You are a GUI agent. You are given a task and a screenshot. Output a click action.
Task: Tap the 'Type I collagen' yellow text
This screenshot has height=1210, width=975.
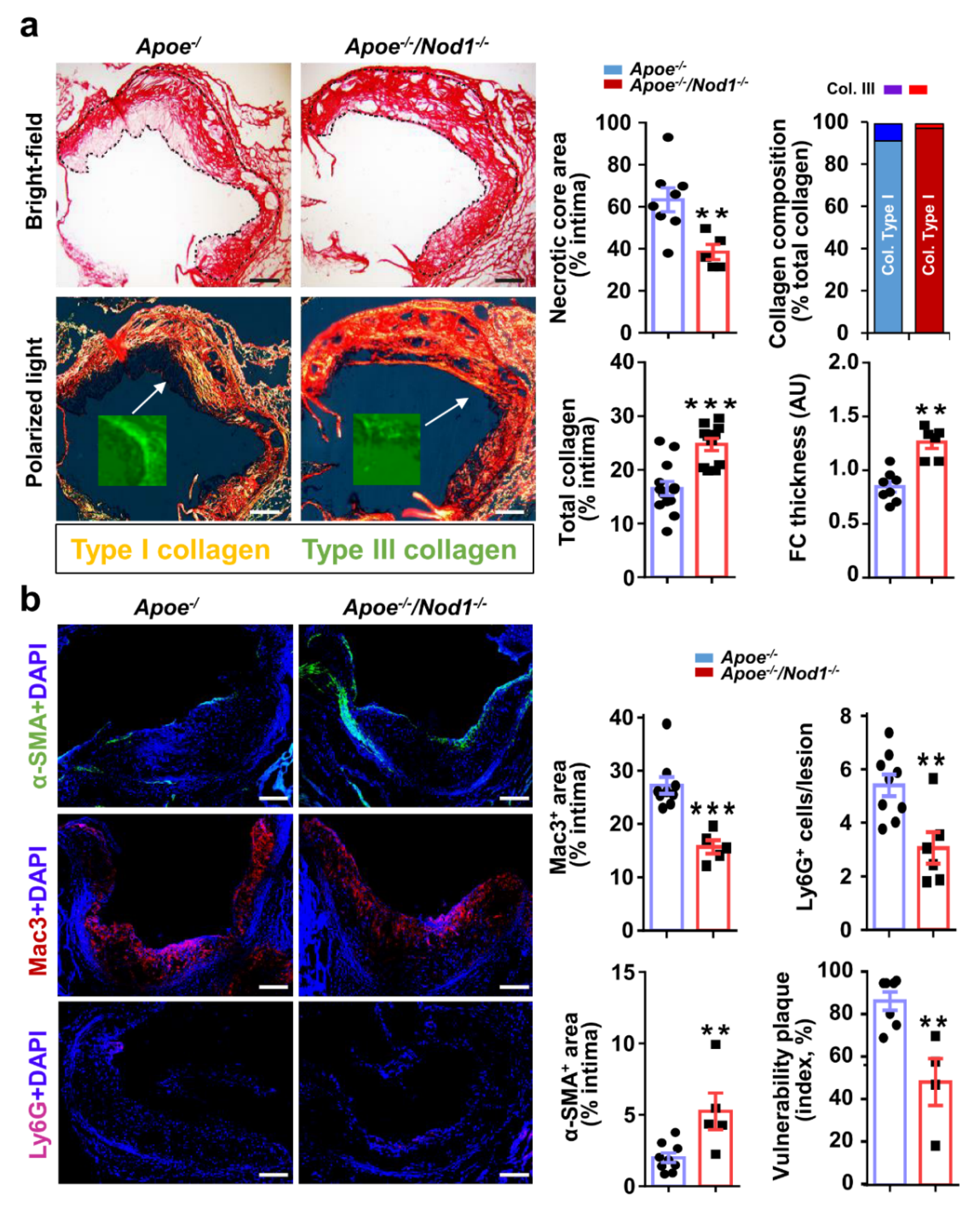pyautogui.click(x=170, y=550)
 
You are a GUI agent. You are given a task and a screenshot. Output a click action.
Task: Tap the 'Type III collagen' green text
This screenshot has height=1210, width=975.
pyautogui.click(x=409, y=550)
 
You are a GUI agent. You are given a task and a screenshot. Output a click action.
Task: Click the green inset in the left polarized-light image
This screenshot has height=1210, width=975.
pyautogui.click(x=132, y=450)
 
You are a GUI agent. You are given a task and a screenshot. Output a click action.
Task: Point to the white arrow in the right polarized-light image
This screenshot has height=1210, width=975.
pyautogui.click(x=446, y=412)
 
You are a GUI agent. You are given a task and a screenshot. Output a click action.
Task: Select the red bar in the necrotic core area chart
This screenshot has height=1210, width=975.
pyautogui.click(x=713, y=291)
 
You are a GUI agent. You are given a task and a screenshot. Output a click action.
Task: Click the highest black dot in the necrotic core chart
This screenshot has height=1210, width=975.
pyautogui.click(x=667, y=137)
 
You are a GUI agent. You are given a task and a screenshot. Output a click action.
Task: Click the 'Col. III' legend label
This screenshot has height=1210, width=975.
pyautogui.click(x=850, y=89)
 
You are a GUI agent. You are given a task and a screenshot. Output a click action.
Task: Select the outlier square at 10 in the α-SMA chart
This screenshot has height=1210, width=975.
pyautogui.click(x=715, y=1045)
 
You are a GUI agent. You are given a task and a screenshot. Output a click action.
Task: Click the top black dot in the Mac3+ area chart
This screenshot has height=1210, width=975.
pyautogui.click(x=667, y=723)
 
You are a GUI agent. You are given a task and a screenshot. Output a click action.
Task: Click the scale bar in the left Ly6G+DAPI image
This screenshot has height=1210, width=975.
pyautogui.click(x=273, y=1174)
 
